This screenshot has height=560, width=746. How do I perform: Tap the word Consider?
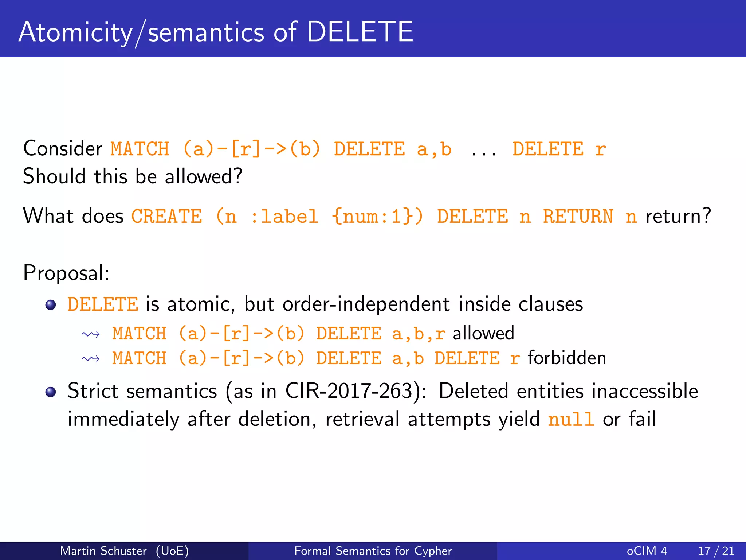[63, 149]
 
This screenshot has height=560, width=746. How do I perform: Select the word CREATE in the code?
[166, 216]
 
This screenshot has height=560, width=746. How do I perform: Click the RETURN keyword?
[578, 216]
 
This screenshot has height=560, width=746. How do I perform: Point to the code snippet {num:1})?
[378, 216]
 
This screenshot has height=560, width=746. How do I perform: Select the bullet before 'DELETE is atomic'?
[51, 305]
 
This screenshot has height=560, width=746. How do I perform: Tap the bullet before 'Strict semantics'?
[51, 392]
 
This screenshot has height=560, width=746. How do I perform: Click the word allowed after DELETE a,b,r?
[483, 333]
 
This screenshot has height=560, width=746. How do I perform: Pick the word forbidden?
[567, 358]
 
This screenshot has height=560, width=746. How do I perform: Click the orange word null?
[571, 419]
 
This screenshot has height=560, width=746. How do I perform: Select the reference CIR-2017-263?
[349, 391]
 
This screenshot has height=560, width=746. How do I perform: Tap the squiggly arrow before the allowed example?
[91, 334]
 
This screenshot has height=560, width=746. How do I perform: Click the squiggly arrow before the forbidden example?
[91, 359]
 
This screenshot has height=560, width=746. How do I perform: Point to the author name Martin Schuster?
[103, 551]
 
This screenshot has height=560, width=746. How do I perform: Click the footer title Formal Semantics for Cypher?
[373, 551]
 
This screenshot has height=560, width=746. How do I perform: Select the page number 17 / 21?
[716, 551]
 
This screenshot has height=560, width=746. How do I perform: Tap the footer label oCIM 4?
[647, 551]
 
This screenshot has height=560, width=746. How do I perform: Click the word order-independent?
[366, 304]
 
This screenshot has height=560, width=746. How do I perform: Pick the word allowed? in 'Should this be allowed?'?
[203, 176]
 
